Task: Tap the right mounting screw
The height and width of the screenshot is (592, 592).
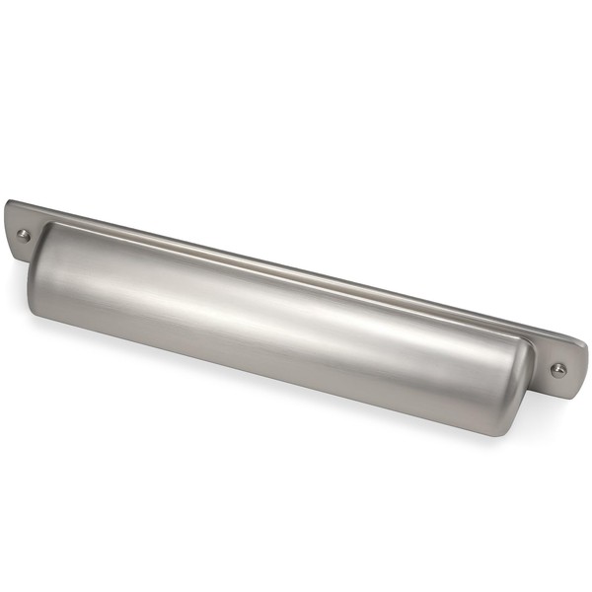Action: tap(558, 370)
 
